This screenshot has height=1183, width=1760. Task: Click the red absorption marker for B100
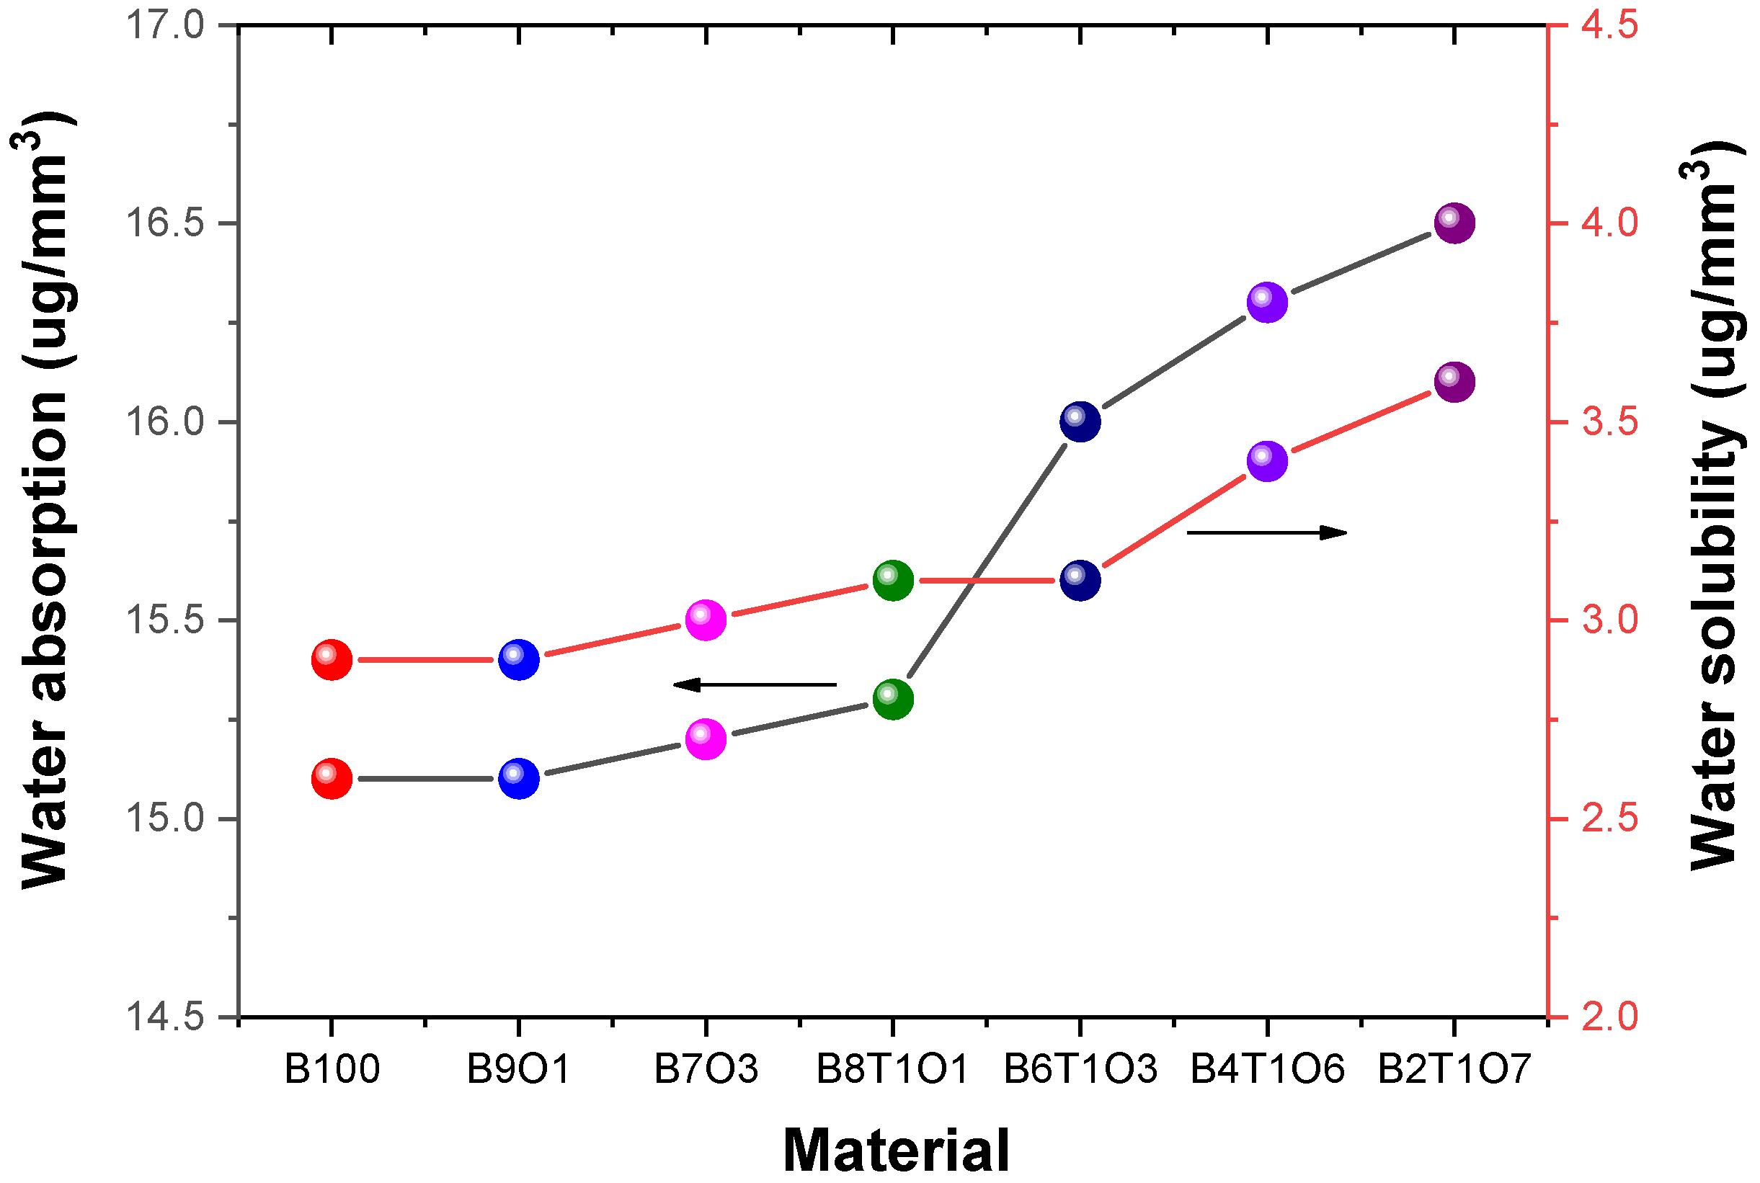pos(332,778)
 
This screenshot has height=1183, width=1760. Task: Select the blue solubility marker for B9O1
pos(518,659)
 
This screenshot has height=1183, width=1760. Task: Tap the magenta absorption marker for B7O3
pos(706,738)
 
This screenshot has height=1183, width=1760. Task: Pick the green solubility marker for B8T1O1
pos(893,580)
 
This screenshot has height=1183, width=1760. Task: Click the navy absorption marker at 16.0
pos(1080,421)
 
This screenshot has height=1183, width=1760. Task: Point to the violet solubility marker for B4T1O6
pos(1267,460)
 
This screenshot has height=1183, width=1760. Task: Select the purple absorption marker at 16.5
pos(1454,223)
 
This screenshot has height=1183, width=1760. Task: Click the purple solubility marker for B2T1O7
pos(1454,381)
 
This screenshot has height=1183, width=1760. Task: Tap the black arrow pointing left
pos(755,684)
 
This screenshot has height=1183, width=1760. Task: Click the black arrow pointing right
pos(1267,532)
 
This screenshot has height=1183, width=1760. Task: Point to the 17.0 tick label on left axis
pos(164,26)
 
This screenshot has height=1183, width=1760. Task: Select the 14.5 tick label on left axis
pos(164,1017)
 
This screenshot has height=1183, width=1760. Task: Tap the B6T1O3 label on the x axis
pos(1080,1069)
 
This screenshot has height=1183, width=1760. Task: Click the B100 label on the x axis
pos(332,1069)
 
